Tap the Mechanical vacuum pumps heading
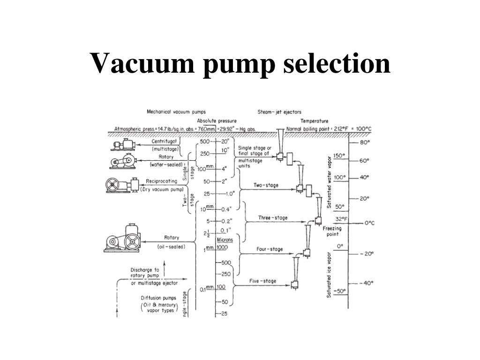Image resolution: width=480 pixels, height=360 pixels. click(x=169, y=112)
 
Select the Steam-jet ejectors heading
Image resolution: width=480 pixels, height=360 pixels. click(x=279, y=112)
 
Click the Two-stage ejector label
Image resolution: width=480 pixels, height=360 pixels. click(x=266, y=185)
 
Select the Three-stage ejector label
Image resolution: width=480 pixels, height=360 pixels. click(x=273, y=218)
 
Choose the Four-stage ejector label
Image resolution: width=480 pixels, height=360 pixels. click(x=270, y=249)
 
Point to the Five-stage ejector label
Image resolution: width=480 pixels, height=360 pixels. click(x=262, y=281)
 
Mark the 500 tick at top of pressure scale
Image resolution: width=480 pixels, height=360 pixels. click(x=205, y=141)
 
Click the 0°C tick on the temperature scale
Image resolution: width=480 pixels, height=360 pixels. click(x=369, y=223)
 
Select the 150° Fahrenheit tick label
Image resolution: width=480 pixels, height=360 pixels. click(x=339, y=156)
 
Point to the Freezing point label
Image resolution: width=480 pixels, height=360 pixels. click(x=332, y=231)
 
